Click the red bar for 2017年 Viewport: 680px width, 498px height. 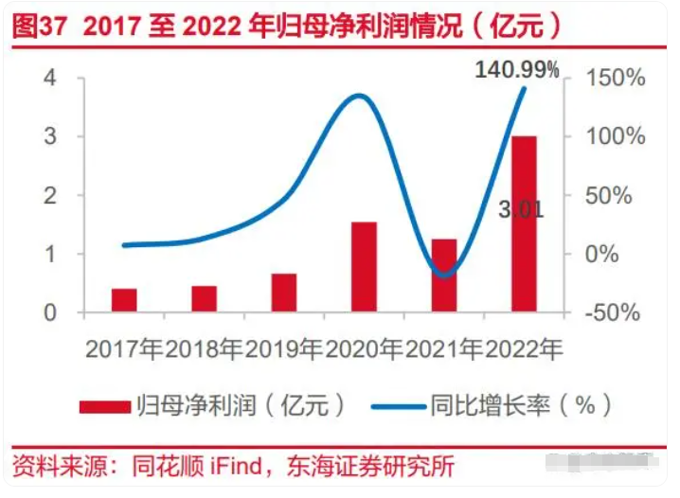pos(124,300)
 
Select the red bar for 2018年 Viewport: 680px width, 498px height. pos(204,298)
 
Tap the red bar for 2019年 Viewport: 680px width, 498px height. pos(283,293)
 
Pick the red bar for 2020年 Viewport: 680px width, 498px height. pos(364,267)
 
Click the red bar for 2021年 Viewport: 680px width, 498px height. pos(444,276)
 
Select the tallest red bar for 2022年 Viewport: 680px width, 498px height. pos(524,223)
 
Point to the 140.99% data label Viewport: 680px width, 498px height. pos(517,68)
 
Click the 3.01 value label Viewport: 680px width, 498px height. pos(521,209)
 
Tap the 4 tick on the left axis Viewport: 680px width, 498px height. pos(50,78)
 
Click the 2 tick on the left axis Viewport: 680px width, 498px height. pos(50,196)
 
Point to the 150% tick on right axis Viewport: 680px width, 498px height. pos(613,78)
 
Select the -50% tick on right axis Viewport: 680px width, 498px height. pos(611,313)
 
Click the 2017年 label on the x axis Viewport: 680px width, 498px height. pos(124,349)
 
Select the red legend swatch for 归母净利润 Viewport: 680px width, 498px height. pos(105,405)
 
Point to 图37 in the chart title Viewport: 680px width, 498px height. pos(41,24)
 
